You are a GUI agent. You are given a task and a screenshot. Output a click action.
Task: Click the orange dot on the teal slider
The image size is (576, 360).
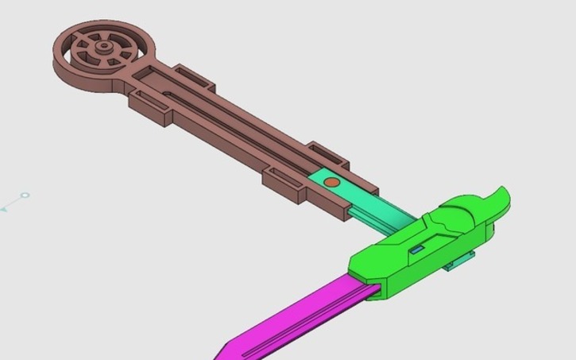pyautogui.click(x=332, y=183)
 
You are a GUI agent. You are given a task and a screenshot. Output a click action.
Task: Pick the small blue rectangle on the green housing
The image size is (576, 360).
pyautogui.click(x=416, y=249)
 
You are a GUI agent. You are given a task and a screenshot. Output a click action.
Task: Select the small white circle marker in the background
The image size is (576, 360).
pyautogui.click(x=25, y=195)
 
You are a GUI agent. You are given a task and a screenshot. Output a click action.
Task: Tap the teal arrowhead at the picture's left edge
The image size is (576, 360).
pyautogui.click(x=3, y=210)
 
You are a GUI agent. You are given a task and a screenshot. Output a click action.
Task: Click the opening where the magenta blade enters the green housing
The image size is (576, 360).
pyautogui.click(x=361, y=278)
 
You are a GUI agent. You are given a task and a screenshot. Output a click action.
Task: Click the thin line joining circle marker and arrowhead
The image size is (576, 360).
pyautogui.click(x=14, y=203)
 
